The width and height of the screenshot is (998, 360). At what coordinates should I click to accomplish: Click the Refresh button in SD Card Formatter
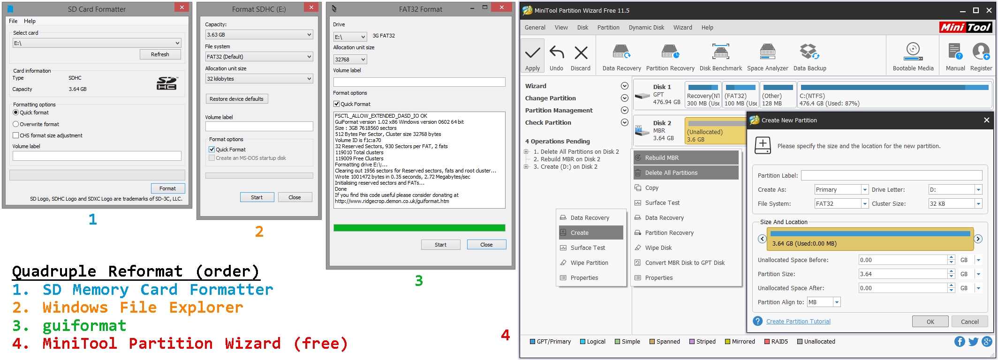[x=160, y=54]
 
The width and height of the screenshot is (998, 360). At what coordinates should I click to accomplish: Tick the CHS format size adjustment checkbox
[x=16, y=135]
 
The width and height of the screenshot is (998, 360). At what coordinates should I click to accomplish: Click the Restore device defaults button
[x=236, y=99]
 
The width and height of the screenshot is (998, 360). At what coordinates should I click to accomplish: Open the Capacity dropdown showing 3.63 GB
[x=259, y=35]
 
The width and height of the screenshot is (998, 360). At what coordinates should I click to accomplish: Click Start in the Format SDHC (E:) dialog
[x=257, y=197]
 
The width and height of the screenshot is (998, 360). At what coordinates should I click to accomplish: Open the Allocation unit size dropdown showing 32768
[x=350, y=60]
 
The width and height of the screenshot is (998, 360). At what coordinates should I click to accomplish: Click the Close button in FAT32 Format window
[x=486, y=245]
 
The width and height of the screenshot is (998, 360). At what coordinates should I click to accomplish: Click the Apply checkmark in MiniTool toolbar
[x=532, y=56]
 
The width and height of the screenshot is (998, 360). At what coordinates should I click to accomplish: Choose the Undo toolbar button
[x=556, y=56]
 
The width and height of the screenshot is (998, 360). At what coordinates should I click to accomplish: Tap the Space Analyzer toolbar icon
[x=767, y=56]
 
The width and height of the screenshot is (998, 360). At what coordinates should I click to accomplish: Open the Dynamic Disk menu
[x=646, y=28]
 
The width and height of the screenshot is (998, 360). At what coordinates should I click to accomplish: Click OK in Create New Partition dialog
[x=930, y=322]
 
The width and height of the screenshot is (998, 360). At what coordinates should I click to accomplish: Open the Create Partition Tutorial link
[x=798, y=322]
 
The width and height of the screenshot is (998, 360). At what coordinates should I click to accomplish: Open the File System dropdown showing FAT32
[x=841, y=204]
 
